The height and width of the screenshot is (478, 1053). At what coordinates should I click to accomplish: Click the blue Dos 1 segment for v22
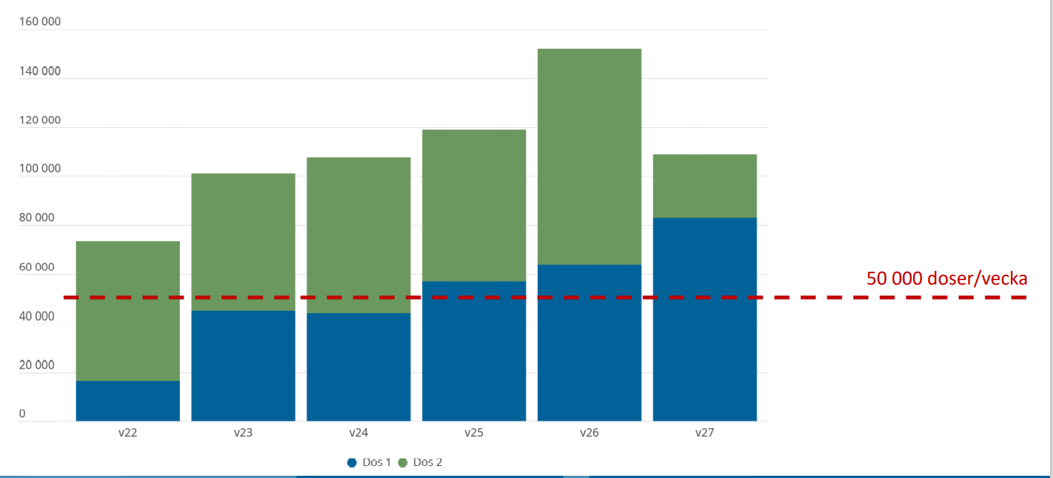pos(128,400)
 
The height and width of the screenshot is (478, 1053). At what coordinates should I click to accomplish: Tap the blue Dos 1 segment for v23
pos(243,365)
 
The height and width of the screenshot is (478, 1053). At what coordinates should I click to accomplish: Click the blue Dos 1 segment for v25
pos(474,351)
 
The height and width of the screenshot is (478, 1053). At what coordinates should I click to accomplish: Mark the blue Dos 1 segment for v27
pos(705,319)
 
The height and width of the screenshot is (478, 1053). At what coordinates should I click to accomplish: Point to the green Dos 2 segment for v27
pos(705,186)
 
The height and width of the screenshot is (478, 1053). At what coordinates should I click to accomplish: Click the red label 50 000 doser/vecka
pos(946,279)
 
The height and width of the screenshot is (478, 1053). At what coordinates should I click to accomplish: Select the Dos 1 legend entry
pos(369,462)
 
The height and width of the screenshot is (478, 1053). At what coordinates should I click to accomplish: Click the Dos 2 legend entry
pos(420,462)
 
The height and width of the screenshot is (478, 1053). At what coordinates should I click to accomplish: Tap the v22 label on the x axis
pos(128,434)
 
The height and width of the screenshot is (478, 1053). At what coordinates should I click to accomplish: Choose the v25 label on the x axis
pos(474,434)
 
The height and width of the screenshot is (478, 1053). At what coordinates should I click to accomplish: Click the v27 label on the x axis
pos(705,434)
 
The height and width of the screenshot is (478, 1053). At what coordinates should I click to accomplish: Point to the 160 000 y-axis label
pos(40,22)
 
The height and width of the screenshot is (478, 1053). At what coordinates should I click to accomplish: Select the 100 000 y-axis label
pos(40,169)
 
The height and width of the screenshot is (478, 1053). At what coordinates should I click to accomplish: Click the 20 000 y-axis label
pos(37,365)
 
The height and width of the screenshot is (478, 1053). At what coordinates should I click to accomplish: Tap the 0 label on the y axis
pos(23,414)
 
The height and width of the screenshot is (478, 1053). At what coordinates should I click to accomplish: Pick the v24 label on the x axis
pos(359,434)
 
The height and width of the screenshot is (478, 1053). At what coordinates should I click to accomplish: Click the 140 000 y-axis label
pos(40,71)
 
